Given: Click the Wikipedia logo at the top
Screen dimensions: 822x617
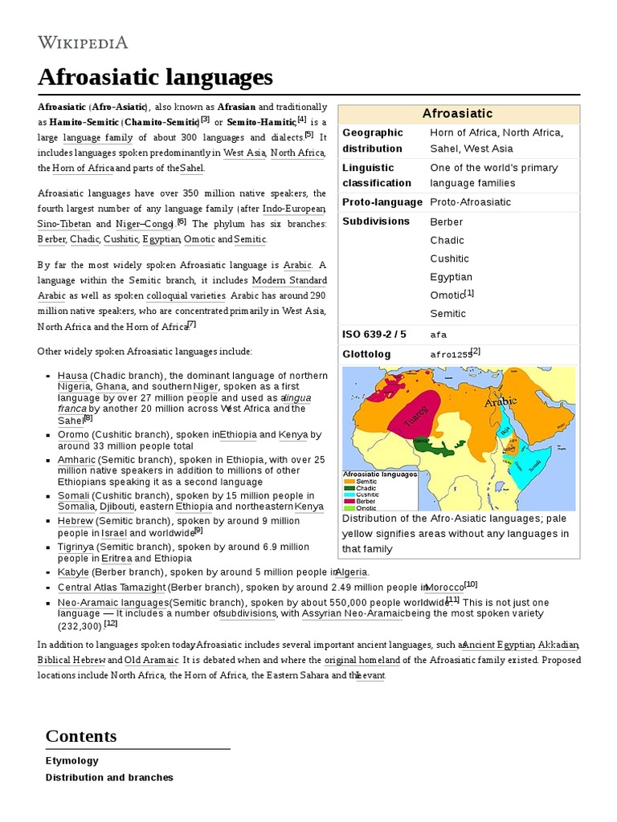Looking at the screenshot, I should click(x=83, y=42).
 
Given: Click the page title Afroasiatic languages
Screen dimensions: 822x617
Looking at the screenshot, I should click(x=155, y=77).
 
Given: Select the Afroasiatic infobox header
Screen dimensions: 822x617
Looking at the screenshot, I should click(x=458, y=114).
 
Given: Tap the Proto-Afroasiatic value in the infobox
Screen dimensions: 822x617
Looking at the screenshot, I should click(x=470, y=202).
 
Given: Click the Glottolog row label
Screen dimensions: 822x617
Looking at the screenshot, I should click(x=366, y=354).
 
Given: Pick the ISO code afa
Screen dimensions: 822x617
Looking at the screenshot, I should click(x=439, y=335).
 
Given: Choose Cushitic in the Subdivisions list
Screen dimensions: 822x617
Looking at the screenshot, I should click(x=449, y=258).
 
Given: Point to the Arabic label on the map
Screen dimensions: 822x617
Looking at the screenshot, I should click(x=500, y=401).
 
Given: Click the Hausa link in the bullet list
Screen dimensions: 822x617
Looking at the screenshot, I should click(x=72, y=376).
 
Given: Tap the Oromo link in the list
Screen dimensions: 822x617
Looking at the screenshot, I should click(x=73, y=434).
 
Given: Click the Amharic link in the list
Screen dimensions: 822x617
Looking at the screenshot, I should click(x=76, y=460).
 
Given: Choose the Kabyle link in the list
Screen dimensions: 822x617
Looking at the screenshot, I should click(x=72, y=572).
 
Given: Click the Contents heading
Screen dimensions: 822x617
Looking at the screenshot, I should click(x=81, y=736).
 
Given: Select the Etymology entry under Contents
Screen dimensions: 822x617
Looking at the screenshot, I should click(x=72, y=760).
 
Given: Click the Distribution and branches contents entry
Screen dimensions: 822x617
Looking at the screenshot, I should click(x=109, y=777).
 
